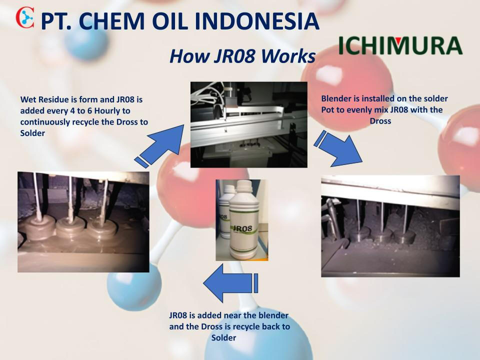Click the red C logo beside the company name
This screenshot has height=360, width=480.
[x=25, y=18]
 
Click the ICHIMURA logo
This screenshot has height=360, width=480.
[x=400, y=45]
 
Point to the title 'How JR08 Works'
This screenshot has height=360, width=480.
[x=242, y=56]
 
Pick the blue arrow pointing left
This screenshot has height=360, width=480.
[x=230, y=283]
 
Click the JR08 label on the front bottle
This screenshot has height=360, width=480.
[x=242, y=228]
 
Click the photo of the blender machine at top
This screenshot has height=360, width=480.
[x=249, y=124]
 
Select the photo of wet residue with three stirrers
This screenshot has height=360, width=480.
[x=83, y=222]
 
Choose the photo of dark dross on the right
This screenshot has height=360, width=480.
[x=390, y=226]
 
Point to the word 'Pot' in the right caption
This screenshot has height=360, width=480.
[x=326, y=109]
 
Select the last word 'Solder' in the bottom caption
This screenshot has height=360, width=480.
[x=224, y=338]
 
